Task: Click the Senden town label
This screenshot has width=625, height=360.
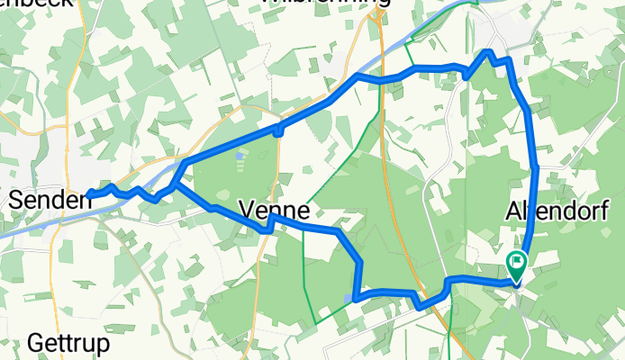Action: coord(50,200)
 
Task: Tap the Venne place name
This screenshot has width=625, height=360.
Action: coord(275,212)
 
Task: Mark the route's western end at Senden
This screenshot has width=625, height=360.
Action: coord(89,193)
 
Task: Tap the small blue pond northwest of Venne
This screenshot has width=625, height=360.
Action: coord(238,155)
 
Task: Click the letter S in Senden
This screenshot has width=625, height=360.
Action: coord(15,200)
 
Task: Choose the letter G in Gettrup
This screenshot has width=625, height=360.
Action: coord(35,344)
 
